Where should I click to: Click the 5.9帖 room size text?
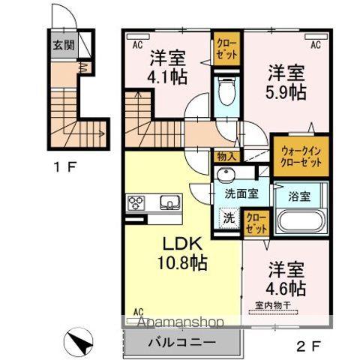pos(286,91)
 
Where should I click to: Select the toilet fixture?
pos(226,94)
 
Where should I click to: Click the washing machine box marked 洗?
pos(228,220)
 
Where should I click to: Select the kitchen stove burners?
pos(137,202)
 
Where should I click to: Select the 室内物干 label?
pos(275,304)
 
